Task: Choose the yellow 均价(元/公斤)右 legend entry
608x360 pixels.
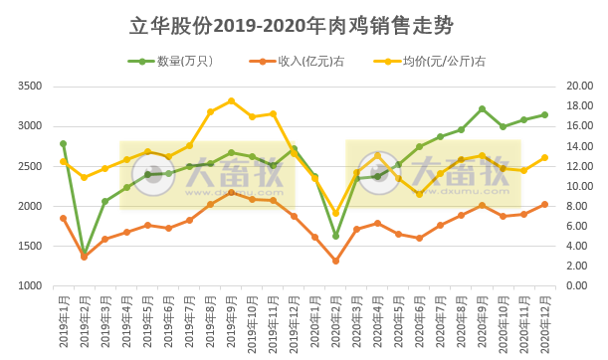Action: pos(438,62)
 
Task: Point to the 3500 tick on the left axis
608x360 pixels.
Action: pos(56,87)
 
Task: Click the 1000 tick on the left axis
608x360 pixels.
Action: pos(56,286)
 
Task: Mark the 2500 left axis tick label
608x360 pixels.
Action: pos(56,166)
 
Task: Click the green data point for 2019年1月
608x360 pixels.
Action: pos(63,144)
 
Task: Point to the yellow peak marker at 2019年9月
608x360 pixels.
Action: pos(231,100)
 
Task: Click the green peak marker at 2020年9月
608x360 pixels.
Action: pos(482,109)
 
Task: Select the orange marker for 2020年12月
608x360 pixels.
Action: pos(544,205)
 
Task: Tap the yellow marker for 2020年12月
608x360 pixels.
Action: pos(544,157)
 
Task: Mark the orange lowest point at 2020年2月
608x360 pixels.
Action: pos(335,261)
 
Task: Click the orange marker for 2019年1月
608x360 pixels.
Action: pos(63,218)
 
